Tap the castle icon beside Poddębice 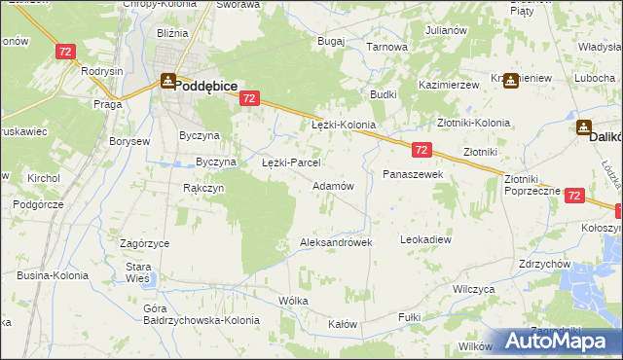tap(167, 83)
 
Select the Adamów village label tap(332, 185)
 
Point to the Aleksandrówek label tap(336, 242)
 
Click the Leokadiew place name tap(426, 238)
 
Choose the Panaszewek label tap(413, 173)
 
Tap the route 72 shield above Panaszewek tap(421, 150)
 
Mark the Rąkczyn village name tap(203, 188)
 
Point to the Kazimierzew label tap(449, 86)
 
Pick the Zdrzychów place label tap(544, 264)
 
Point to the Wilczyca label tap(474, 289)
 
